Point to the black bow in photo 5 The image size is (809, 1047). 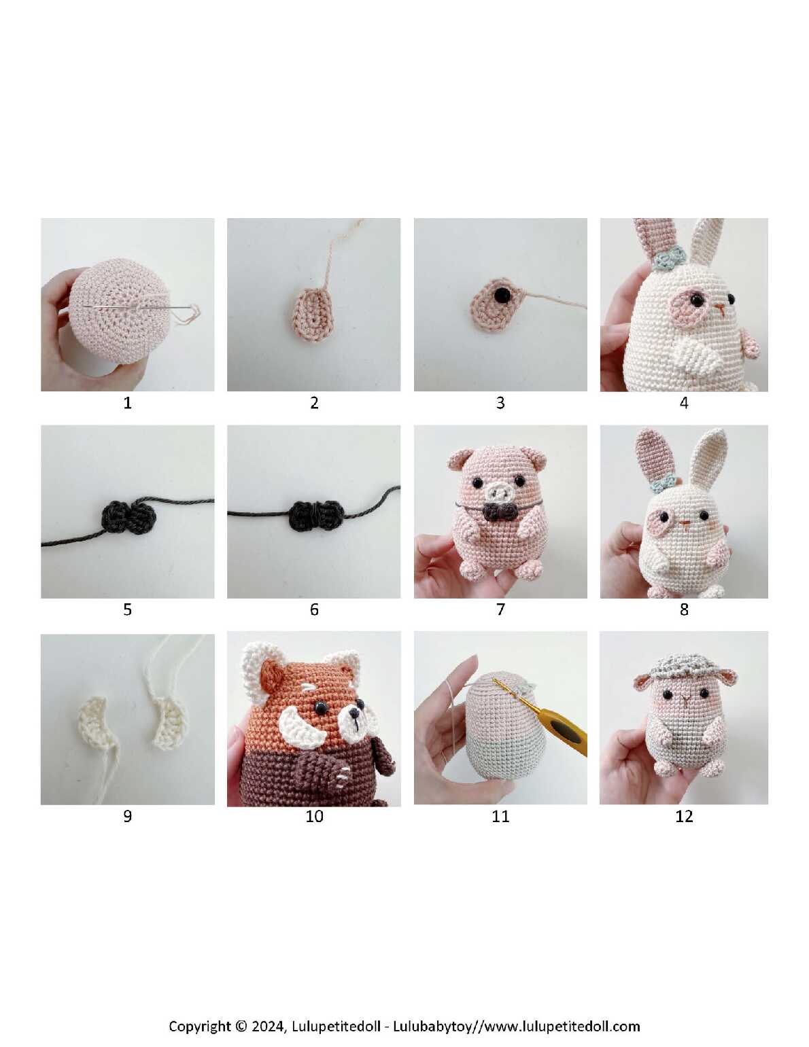click(x=128, y=515)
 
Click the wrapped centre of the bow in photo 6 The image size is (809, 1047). click(x=314, y=515)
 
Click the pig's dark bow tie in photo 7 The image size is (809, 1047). click(x=499, y=512)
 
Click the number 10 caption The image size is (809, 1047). click(x=314, y=816)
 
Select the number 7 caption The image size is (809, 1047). click(x=500, y=609)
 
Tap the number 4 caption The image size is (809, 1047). click(x=684, y=403)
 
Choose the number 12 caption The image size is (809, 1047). click(x=684, y=816)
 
